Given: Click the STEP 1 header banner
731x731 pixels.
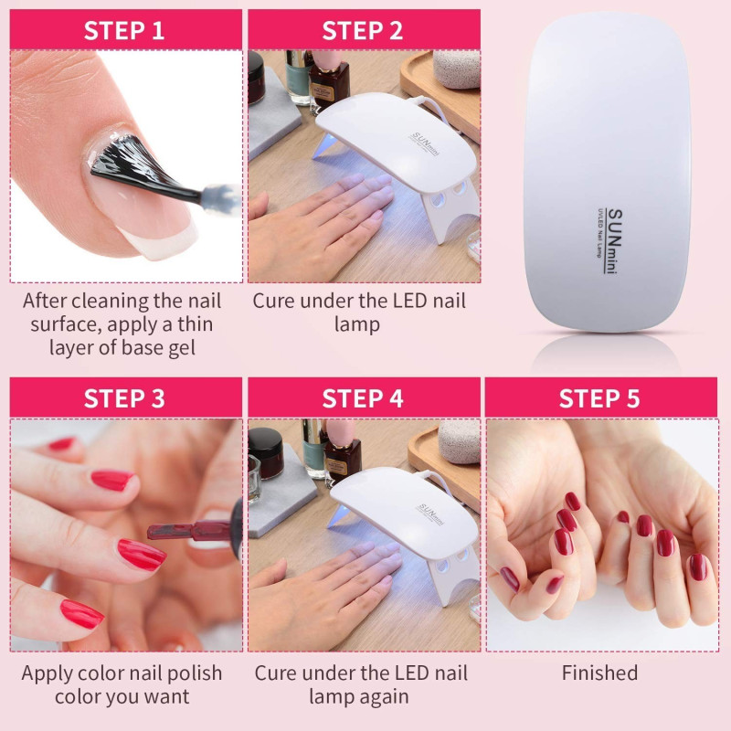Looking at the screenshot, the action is click(126, 29).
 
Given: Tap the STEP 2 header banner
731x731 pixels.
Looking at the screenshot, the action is click(364, 29).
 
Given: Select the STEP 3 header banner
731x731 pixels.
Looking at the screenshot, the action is click(126, 397).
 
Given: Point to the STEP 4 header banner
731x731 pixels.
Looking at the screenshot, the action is click(364, 397).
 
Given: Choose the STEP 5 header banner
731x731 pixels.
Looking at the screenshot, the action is click(601, 397).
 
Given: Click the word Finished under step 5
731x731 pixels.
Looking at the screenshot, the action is click(599, 673).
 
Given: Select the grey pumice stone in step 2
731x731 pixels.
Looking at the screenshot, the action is click(456, 69).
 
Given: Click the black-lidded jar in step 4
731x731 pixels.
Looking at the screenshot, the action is click(266, 452).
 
